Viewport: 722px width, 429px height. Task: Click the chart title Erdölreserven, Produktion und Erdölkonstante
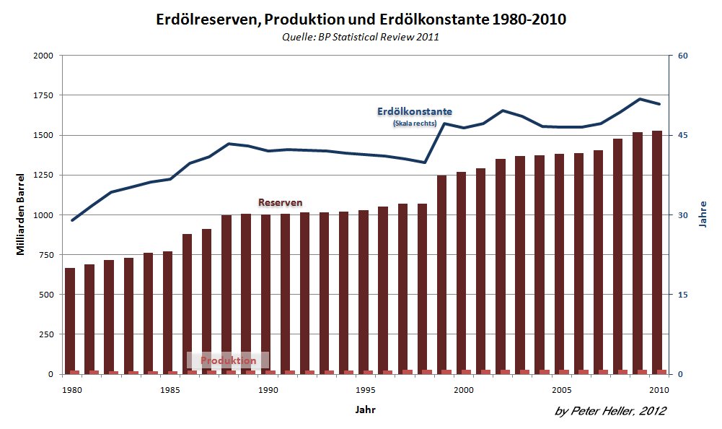tap(361, 20)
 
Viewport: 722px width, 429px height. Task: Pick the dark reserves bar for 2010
tap(657, 253)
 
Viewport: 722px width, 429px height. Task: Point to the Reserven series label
tap(280, 202)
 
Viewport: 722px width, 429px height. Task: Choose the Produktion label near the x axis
tap(228, 360)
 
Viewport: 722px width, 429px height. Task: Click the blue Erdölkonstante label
tap(415, 112)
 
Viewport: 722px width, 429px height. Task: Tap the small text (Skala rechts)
tap(415, 123)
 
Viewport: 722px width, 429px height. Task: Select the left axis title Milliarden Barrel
tap(22, 215)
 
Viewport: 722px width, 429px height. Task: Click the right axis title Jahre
tap(703, 215)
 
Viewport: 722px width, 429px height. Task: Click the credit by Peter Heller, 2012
tap(610, 411)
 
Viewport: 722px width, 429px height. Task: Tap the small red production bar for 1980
tap(74, 372)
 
